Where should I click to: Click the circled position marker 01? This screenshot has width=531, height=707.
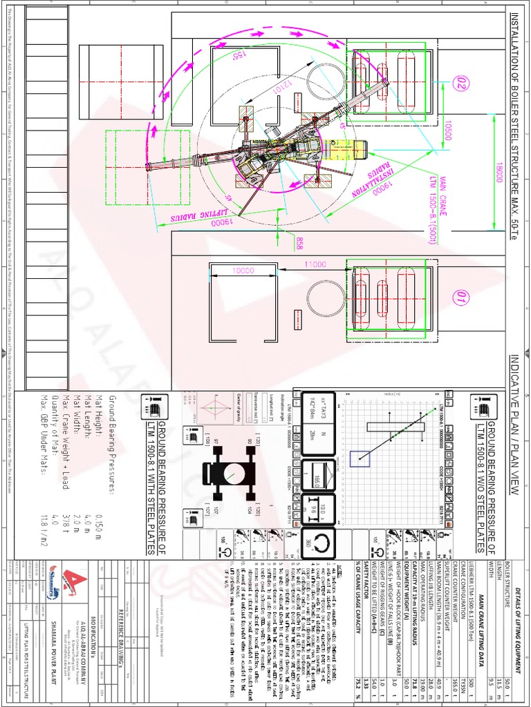coord(458,298)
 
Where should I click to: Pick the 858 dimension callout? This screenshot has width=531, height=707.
coord(299,243)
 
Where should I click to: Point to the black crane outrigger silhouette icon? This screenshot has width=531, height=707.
coord(224,473)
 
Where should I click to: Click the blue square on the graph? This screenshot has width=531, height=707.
coord(359,458)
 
